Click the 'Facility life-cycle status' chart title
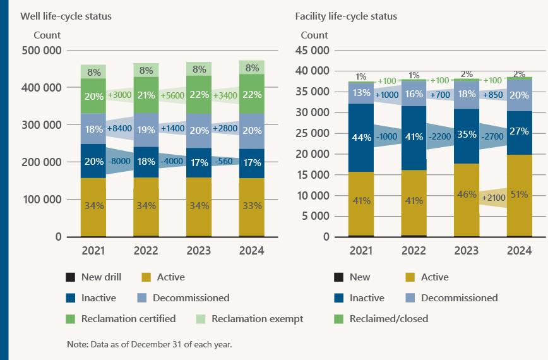[x=346, y=16]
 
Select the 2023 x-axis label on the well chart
[x=199, y=251]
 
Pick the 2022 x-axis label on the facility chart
[x=414, y=251]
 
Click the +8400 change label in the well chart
[x=119, y=129]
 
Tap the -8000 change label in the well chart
[x=119, y=161]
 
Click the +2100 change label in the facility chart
[x=492, y=198]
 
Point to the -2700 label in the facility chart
[x=492, y=135]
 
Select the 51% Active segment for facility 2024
[x=520, y=195]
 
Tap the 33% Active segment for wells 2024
[x=252, y=205]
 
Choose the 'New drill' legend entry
[x=95, y=277]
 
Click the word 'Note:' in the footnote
[x=77, y=345]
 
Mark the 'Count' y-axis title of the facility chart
[x=314, y=35]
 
